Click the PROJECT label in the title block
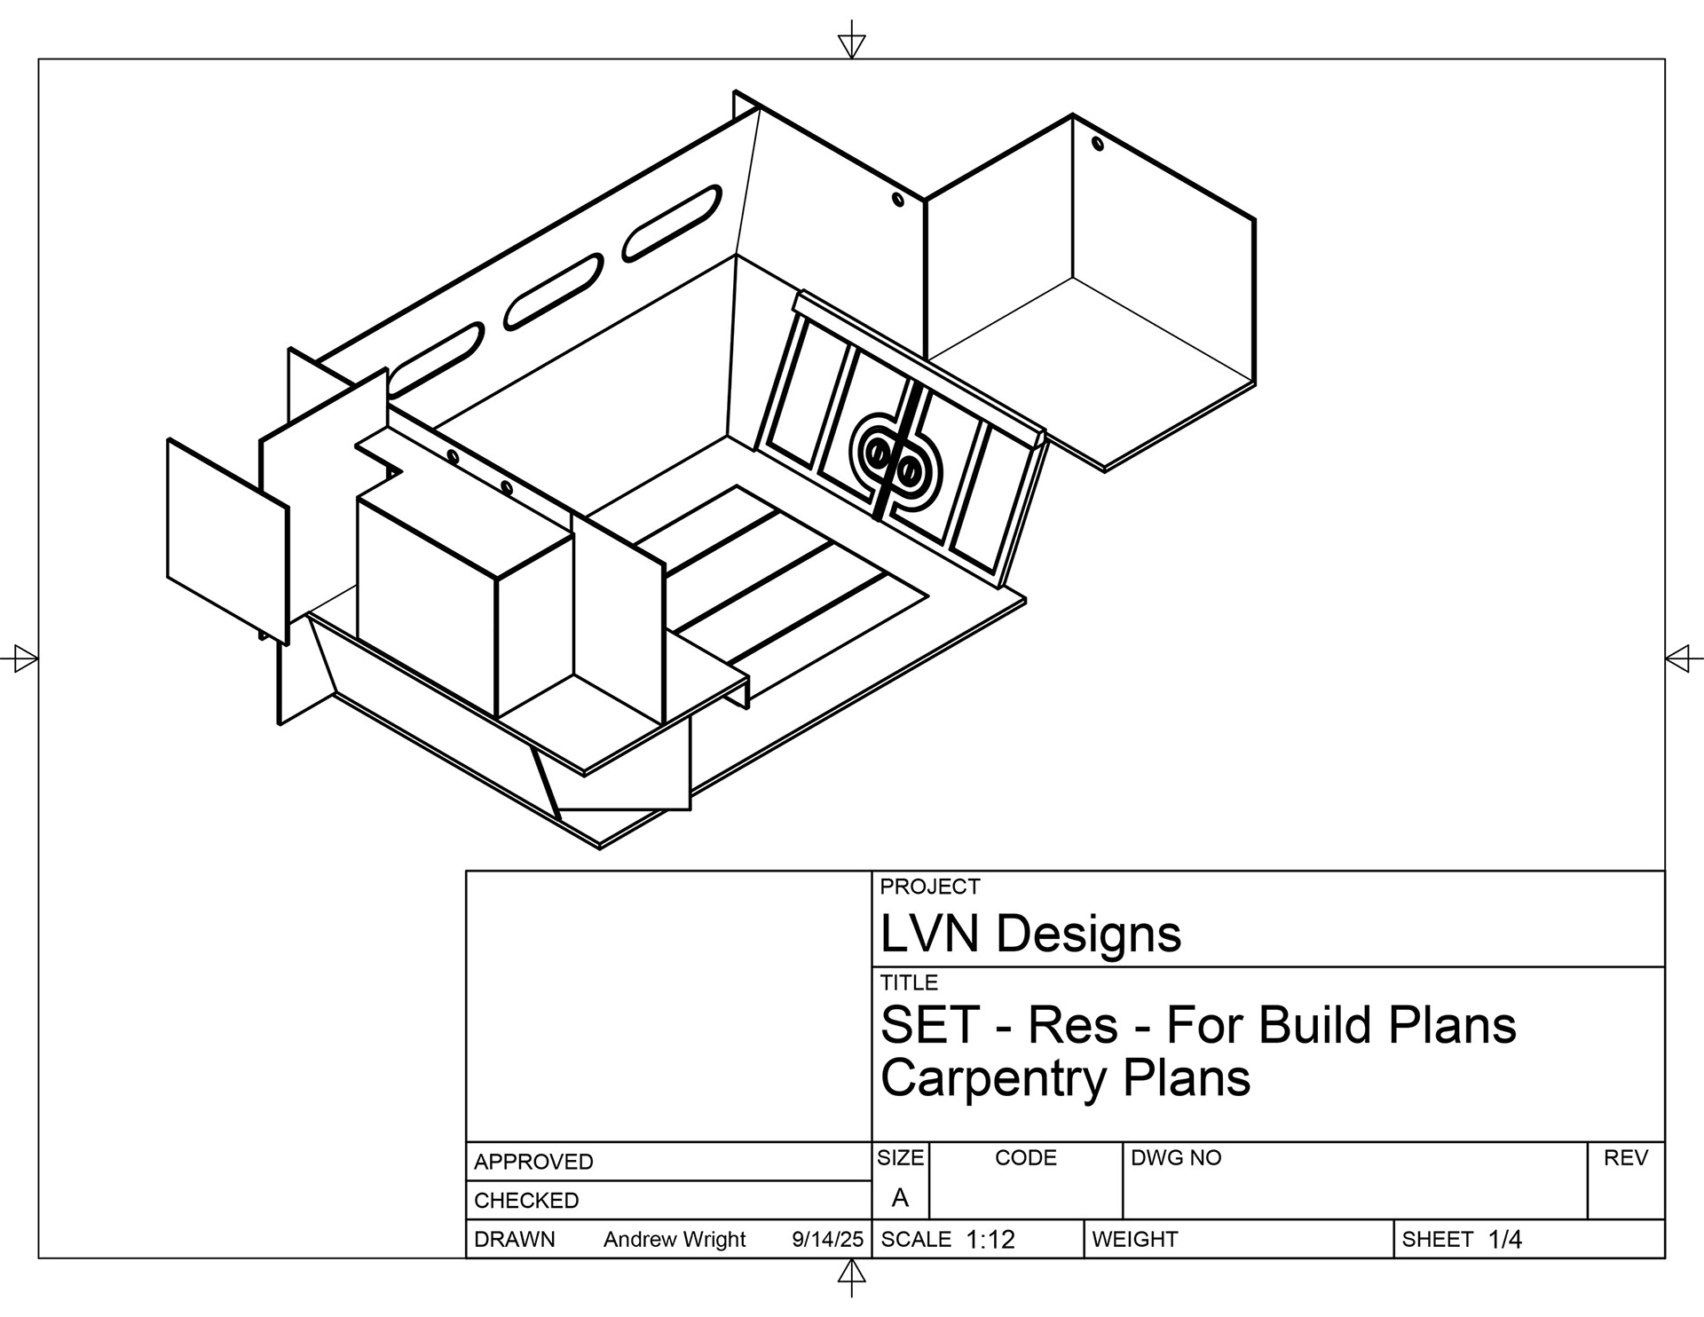pyautogui.click(x=929, y=887)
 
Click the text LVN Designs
pyautogui.click(x=1030, y=934)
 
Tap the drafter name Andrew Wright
pyautogui.click(x=674, y=1240)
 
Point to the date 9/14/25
pyautogui.click(x=827, y=1240)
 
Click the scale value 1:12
pyautogui.click(x=990, y=1240)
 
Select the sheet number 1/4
pyautogui.click(x=1505, y=1240)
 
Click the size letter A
pyautogui.click(x=900, y=1198)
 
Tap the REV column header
pyautogui.click(x=1626, y=1158)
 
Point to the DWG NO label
pyautogui.click(x=1176, y=1158)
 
